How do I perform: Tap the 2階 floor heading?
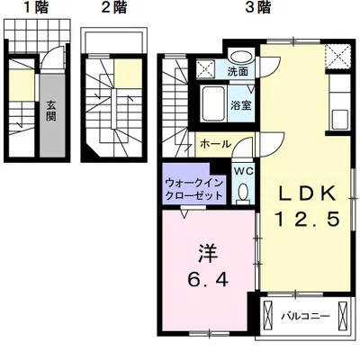[112, 9]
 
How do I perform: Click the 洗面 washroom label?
[238, 71]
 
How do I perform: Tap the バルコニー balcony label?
[304, 317]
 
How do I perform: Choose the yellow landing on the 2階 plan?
[130, 73]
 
